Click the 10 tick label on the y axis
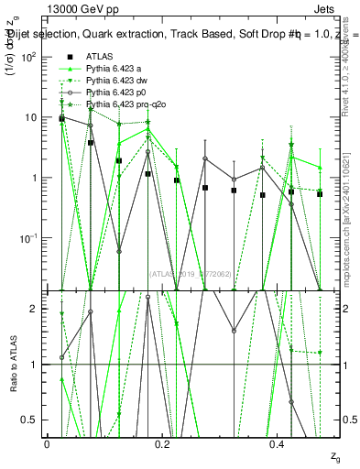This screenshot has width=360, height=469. pos(31,117)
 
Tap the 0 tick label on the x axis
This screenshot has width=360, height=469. pos(48,443)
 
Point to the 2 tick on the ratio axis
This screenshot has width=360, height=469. pos(34,309)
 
